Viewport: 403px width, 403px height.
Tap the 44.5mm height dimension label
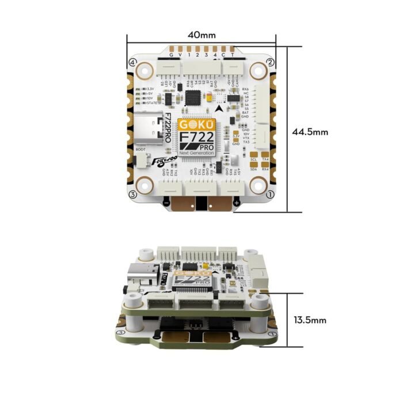pyautogui.click(x=310, y=132)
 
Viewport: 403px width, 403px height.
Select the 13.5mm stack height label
pyautogui.click(x=310, y=320)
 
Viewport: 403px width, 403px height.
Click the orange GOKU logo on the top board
pyautogui.click(x=197, y=124)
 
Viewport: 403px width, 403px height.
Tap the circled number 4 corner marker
pyautogui.click(x=132, y=62)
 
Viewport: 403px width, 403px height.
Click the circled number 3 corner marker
pyautogui.click(x=132, y=195)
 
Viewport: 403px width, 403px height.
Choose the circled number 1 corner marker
pyautogui.click(x=269, y=195)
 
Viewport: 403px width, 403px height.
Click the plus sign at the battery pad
pyautogui.click(x=237, y=203)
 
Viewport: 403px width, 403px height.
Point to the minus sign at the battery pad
pyautogui.click(x=166, y=203)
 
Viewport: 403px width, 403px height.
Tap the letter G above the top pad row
pyautogui.click(x=170, y=55)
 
